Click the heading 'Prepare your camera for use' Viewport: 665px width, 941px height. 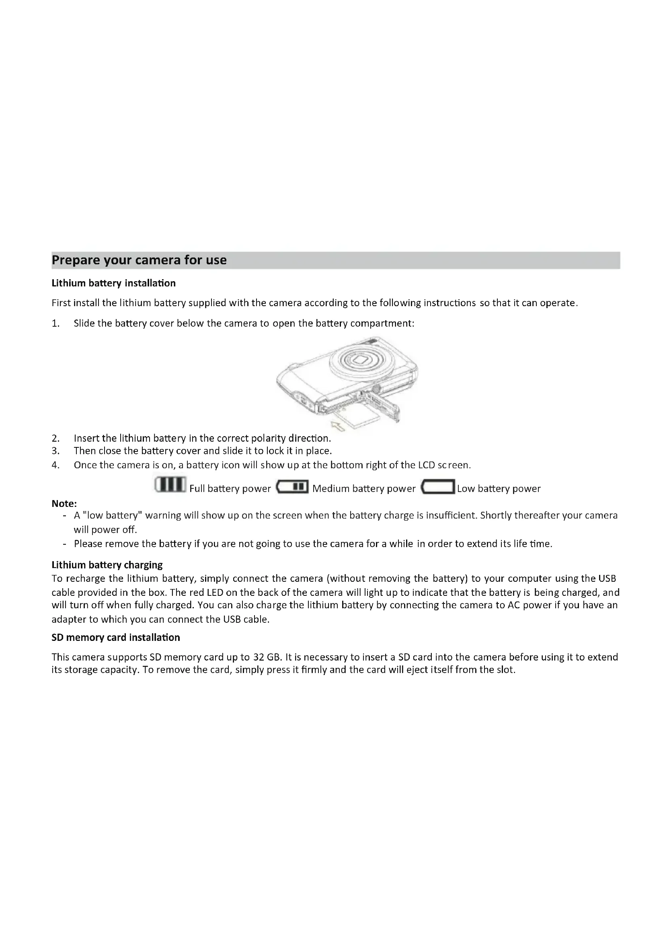(139, 260)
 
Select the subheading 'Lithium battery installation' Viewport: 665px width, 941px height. (113, 283)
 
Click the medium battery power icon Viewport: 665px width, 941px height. (293, 487)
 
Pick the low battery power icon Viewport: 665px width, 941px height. (438, 487)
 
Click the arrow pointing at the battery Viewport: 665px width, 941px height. (338, 426)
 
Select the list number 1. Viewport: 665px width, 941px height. (56, 323)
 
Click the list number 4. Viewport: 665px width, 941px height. (56, 465)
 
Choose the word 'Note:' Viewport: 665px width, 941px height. (64, 503)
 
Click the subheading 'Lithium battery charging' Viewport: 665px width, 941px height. (107, 565)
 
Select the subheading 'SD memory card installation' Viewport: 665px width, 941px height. (116, 637)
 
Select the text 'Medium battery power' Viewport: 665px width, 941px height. (363, 488)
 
